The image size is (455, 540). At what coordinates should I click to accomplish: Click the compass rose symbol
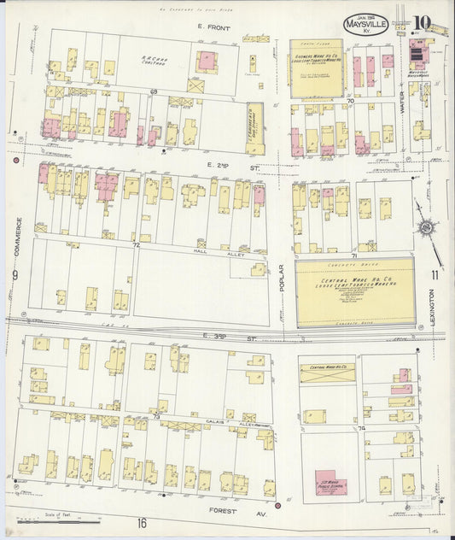click(424, 226)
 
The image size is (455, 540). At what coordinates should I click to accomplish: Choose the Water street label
click(401, 105)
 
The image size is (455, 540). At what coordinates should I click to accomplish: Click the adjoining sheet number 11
click(435, 274)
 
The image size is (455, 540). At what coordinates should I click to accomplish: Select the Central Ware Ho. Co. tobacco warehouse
click(354, 292)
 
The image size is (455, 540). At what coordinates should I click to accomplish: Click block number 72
click(136, 244)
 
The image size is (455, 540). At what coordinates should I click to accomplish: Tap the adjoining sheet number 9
click(15, 275)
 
